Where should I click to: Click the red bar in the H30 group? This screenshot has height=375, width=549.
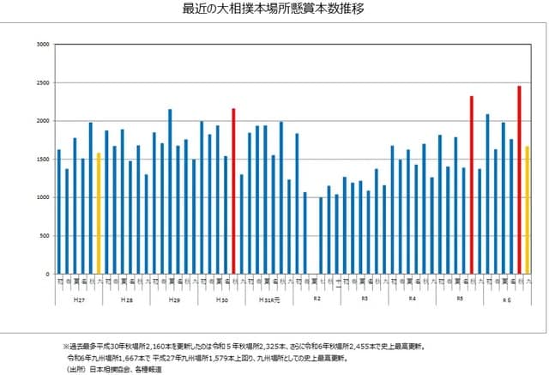233,191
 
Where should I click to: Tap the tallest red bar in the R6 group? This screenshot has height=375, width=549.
519,179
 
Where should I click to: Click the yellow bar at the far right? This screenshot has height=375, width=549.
527,209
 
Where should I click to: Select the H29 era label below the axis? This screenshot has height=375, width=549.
173,300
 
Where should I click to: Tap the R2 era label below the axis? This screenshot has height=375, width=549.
317,300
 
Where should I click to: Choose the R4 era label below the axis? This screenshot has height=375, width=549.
412,300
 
